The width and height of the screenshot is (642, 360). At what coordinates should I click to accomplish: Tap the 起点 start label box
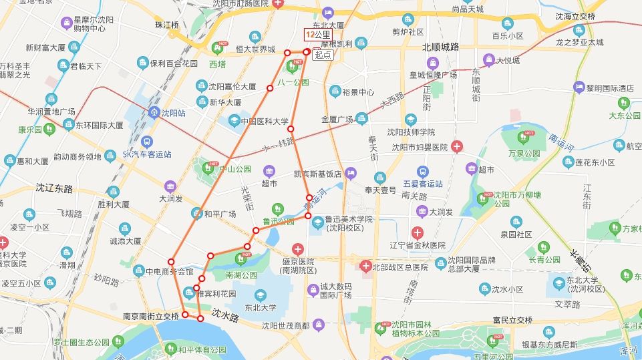pyautogui.click(x=323, y=55)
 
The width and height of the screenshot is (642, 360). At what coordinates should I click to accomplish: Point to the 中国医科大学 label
pyautogui.click(x=264, y=122)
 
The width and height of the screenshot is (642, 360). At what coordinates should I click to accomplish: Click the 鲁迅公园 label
pyautogui.click(x=277, y=221)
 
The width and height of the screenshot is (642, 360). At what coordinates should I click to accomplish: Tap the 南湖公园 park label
pyautogui.click(x=241, y=275)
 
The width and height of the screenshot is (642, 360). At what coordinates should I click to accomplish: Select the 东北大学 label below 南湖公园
pyautogui.click(x=260, y=308)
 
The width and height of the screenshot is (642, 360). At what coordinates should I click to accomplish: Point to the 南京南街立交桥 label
pyautogui.click(x=151, y=317)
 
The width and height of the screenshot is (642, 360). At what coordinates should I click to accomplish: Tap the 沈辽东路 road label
pyautogui.click(x=54, y=189)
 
